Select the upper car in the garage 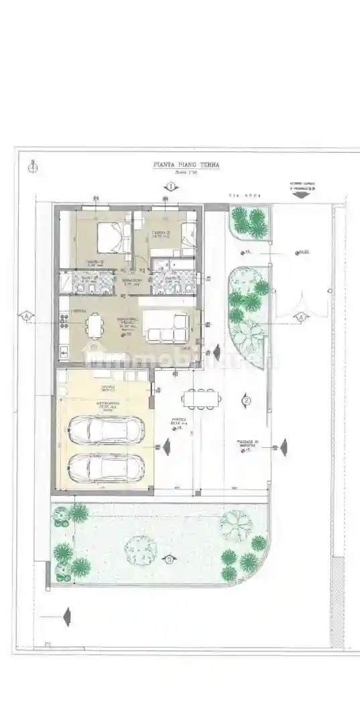point(107,430)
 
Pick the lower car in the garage point(107,467)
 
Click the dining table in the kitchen point(95,327)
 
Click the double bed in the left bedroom point(114,238)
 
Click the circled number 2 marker point(247,401)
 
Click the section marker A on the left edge point(26,315)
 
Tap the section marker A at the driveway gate point(301,315)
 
